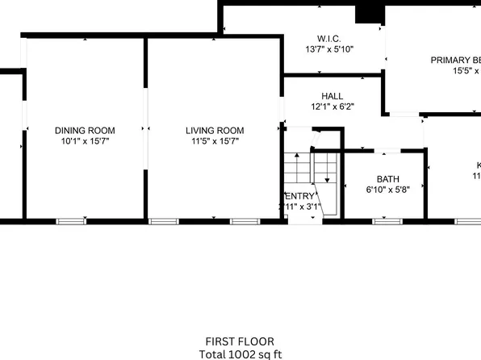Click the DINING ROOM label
click(85, 130)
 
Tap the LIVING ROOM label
click(215, 130)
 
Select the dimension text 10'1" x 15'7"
click(85, 141)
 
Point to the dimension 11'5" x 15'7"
click(215, 141)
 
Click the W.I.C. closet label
click(328, 38)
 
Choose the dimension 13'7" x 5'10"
click(328, 49)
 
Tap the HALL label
click(332, 96)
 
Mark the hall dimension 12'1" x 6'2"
click(332, 107)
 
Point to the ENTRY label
click(300, 196)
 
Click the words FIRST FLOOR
click(240, 341)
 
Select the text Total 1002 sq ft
click(240, 354)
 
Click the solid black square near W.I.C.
click(370, 12)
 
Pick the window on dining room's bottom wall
click(72, 220)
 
